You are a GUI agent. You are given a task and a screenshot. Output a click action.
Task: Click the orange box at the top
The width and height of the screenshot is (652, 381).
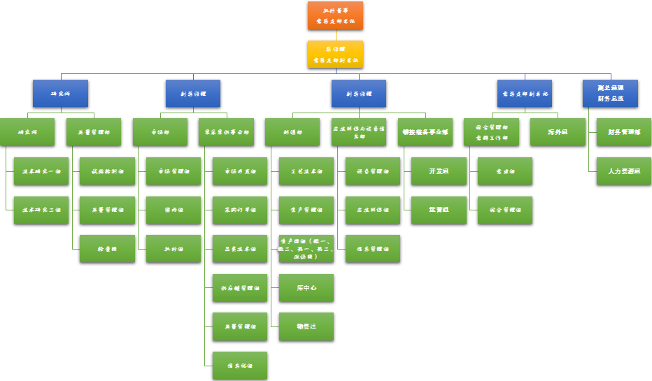click(335, 15)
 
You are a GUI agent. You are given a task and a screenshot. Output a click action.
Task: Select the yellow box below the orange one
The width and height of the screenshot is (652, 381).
click(335, 54)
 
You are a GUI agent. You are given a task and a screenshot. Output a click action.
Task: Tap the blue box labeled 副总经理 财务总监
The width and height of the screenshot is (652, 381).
click(610, 93)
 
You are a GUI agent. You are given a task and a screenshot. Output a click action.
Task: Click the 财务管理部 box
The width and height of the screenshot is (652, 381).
click(624, 131)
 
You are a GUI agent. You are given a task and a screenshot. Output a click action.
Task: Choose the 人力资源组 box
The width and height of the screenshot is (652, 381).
click(624, 171)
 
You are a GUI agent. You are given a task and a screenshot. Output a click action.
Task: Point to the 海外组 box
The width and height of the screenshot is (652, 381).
click(558, 131)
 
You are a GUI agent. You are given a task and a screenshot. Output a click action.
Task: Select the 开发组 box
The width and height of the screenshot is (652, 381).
click(439, 171)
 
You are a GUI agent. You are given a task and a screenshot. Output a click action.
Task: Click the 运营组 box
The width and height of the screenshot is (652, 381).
click(439, 210)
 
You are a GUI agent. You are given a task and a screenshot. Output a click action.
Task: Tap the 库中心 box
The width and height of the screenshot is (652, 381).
click(306, 287)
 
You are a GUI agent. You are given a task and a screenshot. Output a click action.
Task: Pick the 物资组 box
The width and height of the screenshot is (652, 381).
click(306, 326)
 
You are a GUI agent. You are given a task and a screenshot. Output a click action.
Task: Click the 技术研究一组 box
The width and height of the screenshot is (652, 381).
click(41, 171)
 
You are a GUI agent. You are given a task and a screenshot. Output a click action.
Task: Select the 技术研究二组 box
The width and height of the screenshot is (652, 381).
click(41, 210)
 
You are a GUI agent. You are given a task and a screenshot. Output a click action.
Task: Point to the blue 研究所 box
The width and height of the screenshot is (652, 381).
click(61, 93)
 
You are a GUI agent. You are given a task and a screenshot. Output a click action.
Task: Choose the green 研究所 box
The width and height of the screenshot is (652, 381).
click(27, 131)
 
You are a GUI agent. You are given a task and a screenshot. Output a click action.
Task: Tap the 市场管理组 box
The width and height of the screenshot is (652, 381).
click(173, 171)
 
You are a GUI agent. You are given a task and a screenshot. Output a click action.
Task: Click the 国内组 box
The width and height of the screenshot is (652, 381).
click(173, 210)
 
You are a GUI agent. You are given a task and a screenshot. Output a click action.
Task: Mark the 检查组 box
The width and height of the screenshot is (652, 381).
click(107, 248)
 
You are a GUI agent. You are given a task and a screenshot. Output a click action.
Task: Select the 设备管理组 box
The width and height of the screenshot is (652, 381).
click(373, 171)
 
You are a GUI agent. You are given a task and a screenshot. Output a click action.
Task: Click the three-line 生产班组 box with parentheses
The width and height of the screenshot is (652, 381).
click(306, 248)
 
